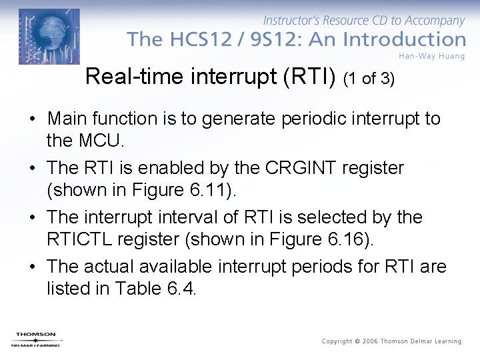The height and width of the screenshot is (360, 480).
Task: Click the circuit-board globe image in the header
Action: pyautogui.click(x=49, y=36)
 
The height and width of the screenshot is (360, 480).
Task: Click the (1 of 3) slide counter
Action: pyautogui.click(x=369, y=79)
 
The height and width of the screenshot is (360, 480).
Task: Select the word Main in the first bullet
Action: pyautogui.click(x=67, y=119)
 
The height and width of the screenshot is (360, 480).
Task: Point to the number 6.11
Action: pyautogui.click(x=210, y=191)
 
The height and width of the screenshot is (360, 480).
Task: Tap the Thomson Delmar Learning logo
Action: pyautogui.click(x=36, y=339)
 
